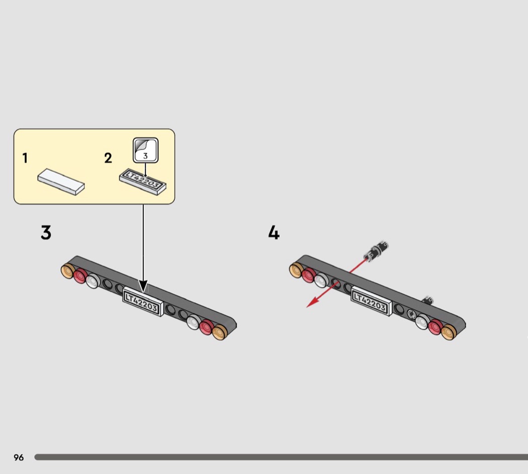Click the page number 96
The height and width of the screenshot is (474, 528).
(x=19, y=457)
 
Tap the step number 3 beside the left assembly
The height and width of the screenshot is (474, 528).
(x=46, y=232)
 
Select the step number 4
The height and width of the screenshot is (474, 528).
(x=274, y=232)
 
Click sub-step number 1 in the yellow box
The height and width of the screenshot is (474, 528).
(x=25, y=158)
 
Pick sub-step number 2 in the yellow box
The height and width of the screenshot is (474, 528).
(x=108, y=158)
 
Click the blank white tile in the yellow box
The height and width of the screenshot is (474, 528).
(x=61, y=182)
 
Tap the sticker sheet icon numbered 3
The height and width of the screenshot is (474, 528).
(x=145, y=150)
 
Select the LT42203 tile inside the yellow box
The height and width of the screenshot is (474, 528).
(x=143, y=182)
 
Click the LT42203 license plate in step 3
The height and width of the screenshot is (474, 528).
(x=143, y=301)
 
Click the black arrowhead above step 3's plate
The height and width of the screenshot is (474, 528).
(x=143, y=286)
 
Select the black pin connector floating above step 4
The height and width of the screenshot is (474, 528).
(x=377, y=251)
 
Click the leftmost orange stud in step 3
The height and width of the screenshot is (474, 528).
(x=67, y=271)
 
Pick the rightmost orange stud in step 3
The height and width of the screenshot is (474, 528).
(x=220, y=332)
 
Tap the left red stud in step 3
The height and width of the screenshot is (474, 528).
(x=80, y=276)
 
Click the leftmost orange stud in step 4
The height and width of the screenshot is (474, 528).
(x=296, y=270)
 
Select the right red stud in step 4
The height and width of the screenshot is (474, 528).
(x=435, y=327)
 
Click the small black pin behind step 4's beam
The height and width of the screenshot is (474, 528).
(x=427, y=300)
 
